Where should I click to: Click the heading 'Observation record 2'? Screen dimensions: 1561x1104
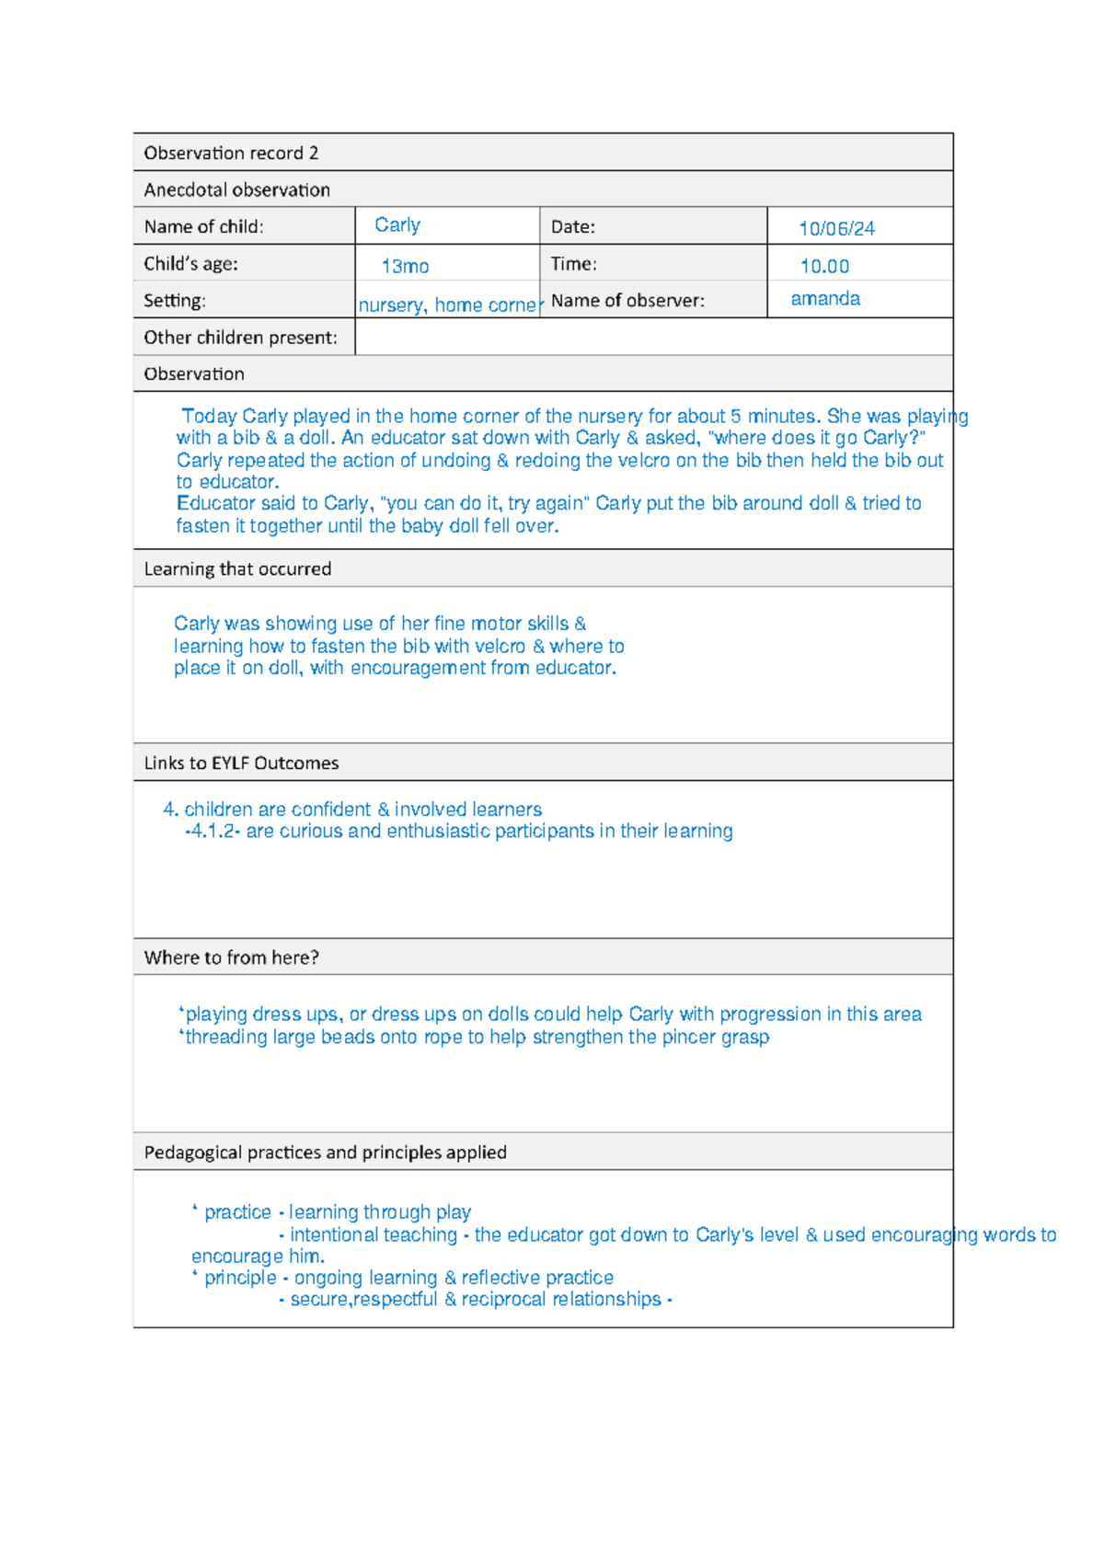(231, 153)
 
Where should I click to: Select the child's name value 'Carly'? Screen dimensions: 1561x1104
(397, 225)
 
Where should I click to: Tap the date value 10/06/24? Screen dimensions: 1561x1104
(836, 229)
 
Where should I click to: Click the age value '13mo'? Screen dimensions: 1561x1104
(405, 267)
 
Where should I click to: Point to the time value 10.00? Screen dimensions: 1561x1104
(824, 267)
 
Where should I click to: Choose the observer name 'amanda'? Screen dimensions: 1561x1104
(825, 299)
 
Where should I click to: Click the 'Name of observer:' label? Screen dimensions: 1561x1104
(627, 301)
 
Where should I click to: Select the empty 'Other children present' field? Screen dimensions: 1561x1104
(653, 338)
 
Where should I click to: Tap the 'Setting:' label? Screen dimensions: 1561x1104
(175, 301)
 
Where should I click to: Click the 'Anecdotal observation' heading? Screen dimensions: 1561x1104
(236, 189)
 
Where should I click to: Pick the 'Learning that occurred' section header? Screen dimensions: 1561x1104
(237, 568)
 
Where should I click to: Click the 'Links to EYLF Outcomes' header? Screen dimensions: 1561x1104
(241, 763)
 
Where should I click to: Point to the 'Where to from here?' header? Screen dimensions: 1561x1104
(231, 958)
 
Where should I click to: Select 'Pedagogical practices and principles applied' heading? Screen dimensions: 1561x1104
(325, 1153)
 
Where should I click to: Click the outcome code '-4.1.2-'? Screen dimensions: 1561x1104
(213, 832)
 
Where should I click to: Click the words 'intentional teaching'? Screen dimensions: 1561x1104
(374, 1235)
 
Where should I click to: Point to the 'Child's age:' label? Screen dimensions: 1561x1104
(190, 264)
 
